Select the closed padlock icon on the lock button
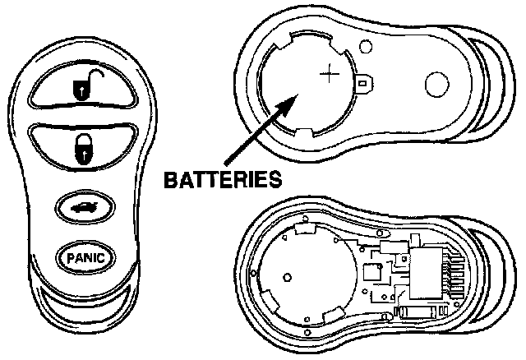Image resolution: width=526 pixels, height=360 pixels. pos(85,149)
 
